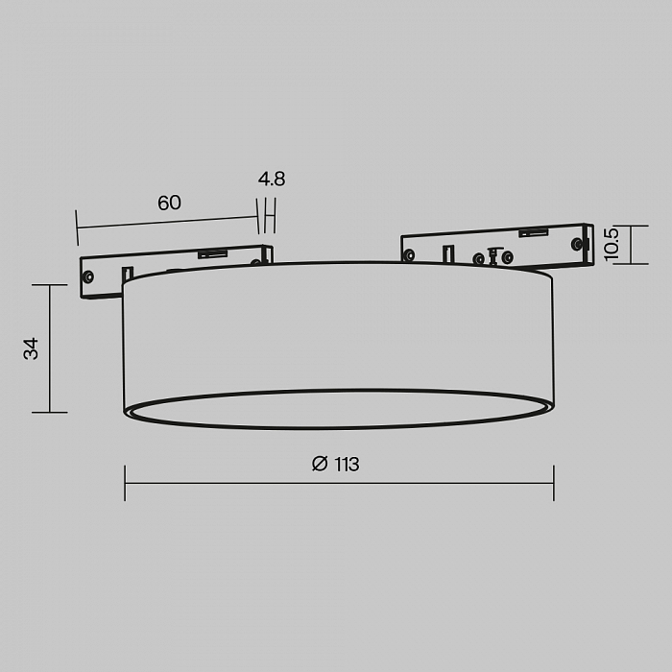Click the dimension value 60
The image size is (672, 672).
(x=169, y=203)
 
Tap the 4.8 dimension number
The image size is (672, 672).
(x=272, y=180)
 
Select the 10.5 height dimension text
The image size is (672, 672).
(x=611, y=244)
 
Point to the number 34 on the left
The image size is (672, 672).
(x=31, y=348)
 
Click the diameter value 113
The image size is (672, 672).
(x=347, y=464)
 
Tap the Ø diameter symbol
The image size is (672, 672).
(x=320, y=464)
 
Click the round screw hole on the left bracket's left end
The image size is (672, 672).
(x=88, y=276)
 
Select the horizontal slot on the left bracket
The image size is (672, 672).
(x=212, y=254)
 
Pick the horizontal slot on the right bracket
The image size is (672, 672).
(x=534, y=232)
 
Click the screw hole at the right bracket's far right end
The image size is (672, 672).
(x=576, y=244)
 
